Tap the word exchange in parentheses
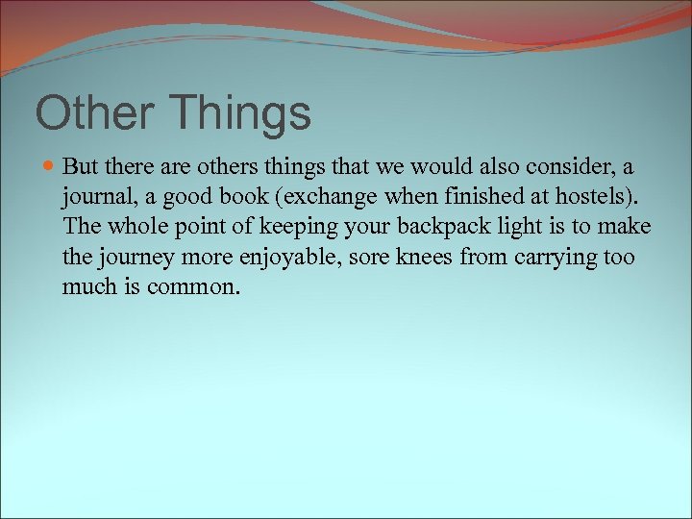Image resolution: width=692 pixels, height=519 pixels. click(321, 197)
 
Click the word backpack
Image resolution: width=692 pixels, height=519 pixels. click(428, 227)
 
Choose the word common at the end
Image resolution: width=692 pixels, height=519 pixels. click(191, 286)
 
